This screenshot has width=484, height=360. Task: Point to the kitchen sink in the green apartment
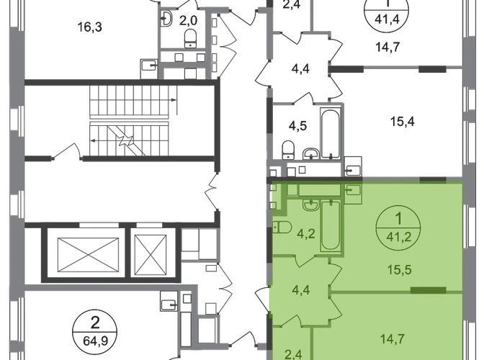pos(353,190)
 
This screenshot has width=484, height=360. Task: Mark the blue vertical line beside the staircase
pos(90,119)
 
